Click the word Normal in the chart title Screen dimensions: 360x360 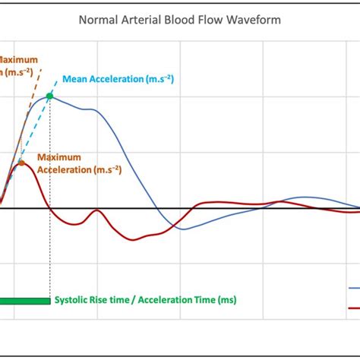click(98, 20)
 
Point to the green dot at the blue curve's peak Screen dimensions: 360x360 click(50, 96)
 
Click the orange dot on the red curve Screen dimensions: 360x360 click(21, 163)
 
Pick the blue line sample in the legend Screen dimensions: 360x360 click(353, 289)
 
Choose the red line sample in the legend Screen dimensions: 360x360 click(353, 308)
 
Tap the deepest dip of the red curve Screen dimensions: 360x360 click(134, 240)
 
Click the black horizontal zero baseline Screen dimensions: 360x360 click(228, 208)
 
